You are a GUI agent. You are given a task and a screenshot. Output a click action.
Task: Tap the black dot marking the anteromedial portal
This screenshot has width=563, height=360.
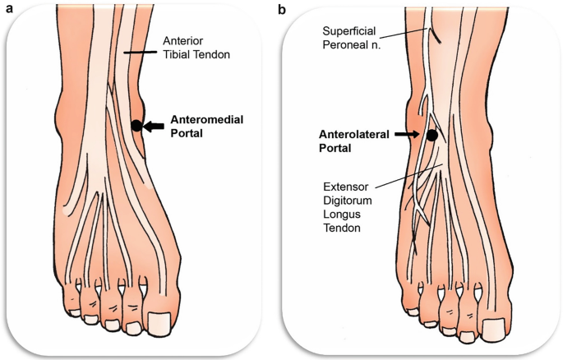pos(136,126)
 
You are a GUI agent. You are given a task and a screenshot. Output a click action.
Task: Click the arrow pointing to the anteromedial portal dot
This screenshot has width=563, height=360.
pos(154,126)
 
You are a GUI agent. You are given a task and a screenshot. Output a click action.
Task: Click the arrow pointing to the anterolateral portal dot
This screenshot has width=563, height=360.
pos(407,133)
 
